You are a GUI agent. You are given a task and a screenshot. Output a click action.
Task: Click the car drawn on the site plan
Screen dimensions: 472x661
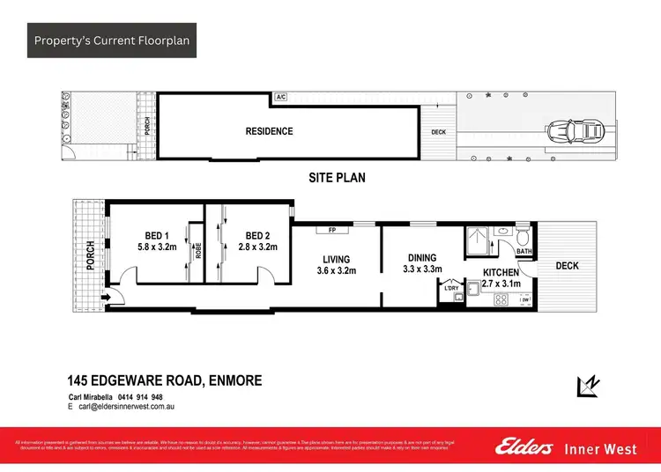pos(575,131)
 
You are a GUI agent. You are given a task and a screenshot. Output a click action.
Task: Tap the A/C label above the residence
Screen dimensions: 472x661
pos(280,96)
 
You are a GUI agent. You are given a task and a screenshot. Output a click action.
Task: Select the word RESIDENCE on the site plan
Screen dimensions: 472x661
pos(269,131)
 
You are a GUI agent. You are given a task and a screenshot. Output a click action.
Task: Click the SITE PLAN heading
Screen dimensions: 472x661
pos(337,178)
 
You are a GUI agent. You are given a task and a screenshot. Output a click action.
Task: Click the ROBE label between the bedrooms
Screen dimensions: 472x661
pos(199,248)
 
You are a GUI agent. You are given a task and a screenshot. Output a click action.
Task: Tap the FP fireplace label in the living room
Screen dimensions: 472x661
pos(333,232)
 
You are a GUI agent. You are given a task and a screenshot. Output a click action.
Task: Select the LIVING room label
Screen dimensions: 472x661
pos(335,259)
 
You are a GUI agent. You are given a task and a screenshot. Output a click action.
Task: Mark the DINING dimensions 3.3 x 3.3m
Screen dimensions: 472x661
pos(421,269)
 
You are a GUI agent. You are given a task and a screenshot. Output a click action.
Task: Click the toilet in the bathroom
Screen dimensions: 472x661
pos(524,237)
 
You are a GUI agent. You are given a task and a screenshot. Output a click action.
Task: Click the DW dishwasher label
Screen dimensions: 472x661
pos(525,300)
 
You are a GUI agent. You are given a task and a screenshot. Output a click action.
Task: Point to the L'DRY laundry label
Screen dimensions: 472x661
pos(452,288)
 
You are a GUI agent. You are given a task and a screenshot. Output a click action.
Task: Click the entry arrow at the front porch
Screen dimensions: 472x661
pos(106,298)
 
